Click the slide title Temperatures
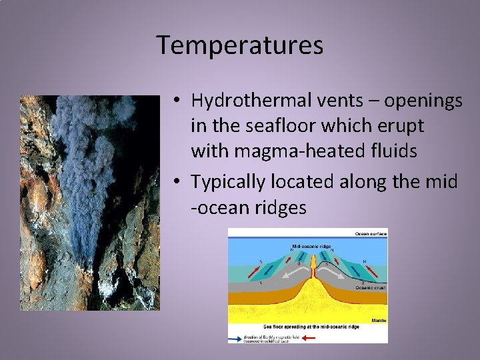(x=240, y=45)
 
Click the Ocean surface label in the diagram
(x=370, y=234)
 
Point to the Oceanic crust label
(x=371, y=287)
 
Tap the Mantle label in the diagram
(x=378, y=319)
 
